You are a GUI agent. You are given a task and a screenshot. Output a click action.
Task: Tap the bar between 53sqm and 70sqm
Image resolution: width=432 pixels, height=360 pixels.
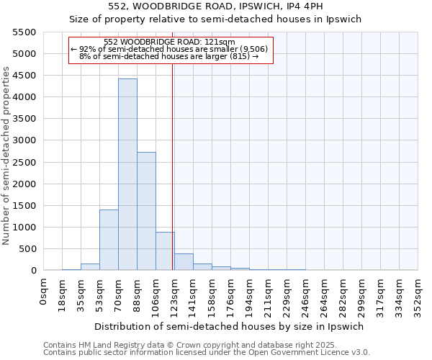coord(109,240)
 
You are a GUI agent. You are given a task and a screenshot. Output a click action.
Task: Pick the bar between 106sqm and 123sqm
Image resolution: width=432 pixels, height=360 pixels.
coord(165,251)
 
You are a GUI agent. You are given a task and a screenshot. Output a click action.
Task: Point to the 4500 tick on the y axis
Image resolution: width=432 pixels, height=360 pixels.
coord(27,76)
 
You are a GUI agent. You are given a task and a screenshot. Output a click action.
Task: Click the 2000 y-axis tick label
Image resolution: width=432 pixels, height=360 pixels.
coord(27,184)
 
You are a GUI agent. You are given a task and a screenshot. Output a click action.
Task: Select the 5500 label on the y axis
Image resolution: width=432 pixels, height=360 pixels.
coord(27,32)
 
